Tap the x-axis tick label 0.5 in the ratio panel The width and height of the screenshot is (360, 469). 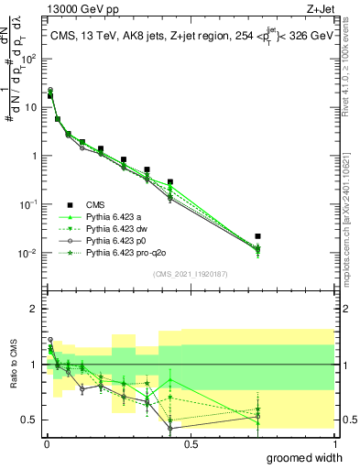coord(191,443)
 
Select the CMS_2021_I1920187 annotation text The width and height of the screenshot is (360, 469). coord(190,273)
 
